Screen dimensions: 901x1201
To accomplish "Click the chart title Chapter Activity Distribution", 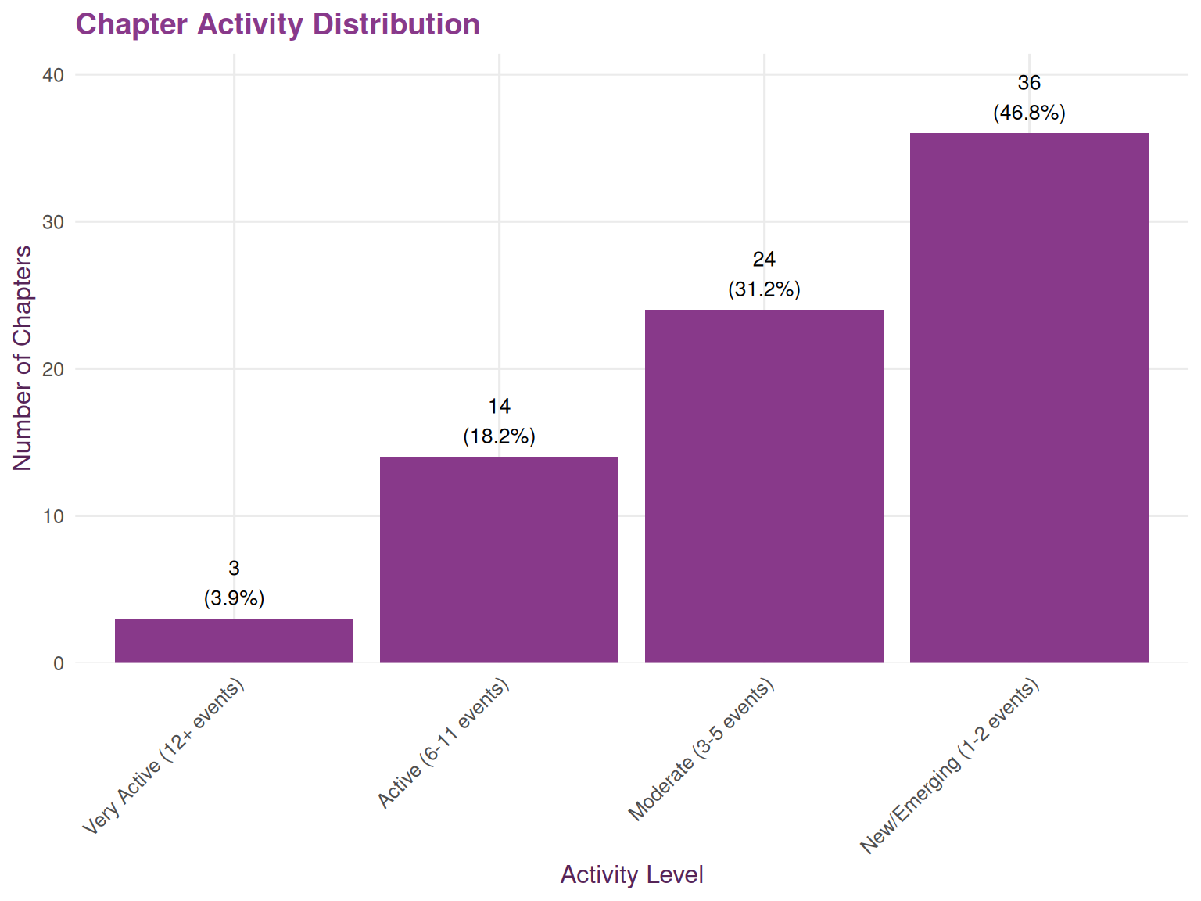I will (x=278, y=24).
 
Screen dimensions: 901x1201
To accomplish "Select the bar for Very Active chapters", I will (x=234, y=641).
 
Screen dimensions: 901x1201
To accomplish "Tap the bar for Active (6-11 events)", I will (x=499, y=559).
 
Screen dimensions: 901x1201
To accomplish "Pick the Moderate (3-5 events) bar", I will (x=764, y=486).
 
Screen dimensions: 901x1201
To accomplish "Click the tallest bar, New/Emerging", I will (x=1029, y=397).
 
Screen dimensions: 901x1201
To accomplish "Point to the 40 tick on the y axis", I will (x=53, y=75).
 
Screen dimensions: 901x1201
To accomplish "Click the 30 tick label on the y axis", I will (x=53, y=222).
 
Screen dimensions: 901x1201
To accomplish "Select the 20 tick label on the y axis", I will (x=53, y=369).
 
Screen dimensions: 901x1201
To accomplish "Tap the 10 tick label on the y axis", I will (x=53, y=516).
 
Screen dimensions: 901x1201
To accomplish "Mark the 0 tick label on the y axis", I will (x=59, y=663).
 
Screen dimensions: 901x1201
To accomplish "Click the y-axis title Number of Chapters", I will (x=23, y=358).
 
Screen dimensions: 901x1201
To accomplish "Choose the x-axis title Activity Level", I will (x=632, y=874).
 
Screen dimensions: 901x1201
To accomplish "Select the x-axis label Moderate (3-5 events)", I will (x=701, y=750).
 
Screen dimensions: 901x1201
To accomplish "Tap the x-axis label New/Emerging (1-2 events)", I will (x=949, y=766).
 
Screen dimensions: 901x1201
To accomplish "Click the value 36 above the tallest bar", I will (x=1029, y=83).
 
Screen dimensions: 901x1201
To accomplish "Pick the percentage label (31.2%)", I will (x=764, y=289).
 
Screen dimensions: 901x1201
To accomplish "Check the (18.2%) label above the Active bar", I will (x=499, y=436).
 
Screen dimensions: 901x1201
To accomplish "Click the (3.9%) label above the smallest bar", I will (x=234, y=598).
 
